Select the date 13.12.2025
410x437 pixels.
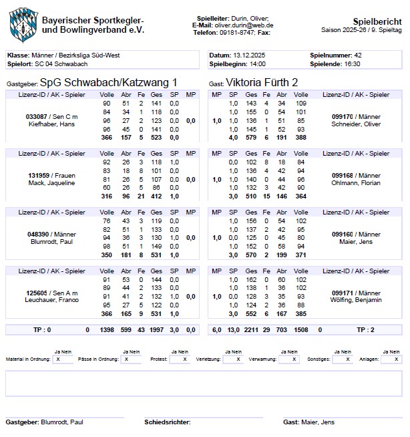[x=248, y=55]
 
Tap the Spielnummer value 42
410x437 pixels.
[x=358, y=55]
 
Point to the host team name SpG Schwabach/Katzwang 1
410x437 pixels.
[x=109, y=82]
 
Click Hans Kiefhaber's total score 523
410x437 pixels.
[x=158, y=137]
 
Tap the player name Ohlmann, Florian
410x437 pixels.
[x=356, y=182]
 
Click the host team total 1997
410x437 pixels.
[x=158, y=329]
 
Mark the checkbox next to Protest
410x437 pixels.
[x=179, y=359]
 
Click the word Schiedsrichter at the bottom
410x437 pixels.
[x=166, y=422]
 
